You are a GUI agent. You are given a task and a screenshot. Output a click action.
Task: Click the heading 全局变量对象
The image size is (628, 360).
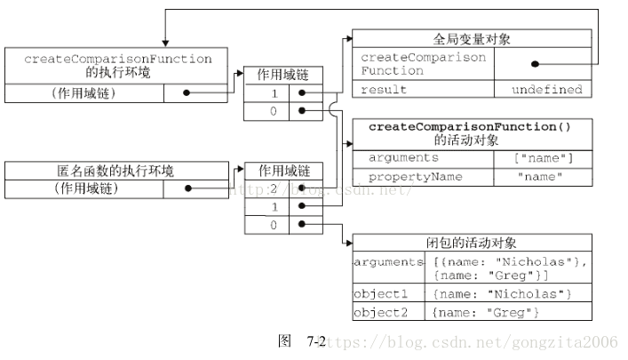click(472, 39)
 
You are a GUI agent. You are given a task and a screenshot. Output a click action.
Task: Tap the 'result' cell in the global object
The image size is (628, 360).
click(423, 90)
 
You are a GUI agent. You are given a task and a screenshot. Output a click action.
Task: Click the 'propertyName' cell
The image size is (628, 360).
click(423, 176)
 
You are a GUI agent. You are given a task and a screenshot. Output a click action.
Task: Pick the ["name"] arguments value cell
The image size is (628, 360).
click(543, 158)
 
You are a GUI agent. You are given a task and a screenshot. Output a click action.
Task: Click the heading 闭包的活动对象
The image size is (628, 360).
click(472, 243)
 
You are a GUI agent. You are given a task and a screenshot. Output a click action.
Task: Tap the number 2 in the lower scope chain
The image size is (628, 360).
click(274, 188)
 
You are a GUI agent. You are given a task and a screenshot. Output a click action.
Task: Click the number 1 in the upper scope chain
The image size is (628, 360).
click(274, 92)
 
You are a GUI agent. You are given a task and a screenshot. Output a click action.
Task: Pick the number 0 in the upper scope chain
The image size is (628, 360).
click(274, 111)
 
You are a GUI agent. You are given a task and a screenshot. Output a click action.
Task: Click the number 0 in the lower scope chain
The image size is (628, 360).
click(274, 225)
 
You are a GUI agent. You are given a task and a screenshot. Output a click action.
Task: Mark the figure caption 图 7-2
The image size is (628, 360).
click(302, 341)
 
